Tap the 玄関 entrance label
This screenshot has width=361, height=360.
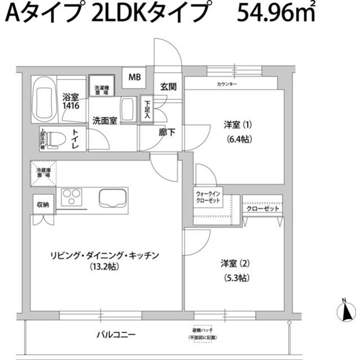pos(168,87)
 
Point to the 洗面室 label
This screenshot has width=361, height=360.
pos(105,120)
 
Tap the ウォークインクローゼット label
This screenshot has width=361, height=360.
pos(209,198)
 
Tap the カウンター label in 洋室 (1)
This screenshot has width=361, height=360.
pos(227,84)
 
